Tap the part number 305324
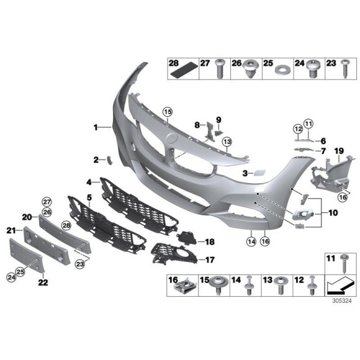(340, 300)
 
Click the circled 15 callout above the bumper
(166, 111)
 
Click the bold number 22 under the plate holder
(43, 282)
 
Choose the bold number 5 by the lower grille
(89, 197)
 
